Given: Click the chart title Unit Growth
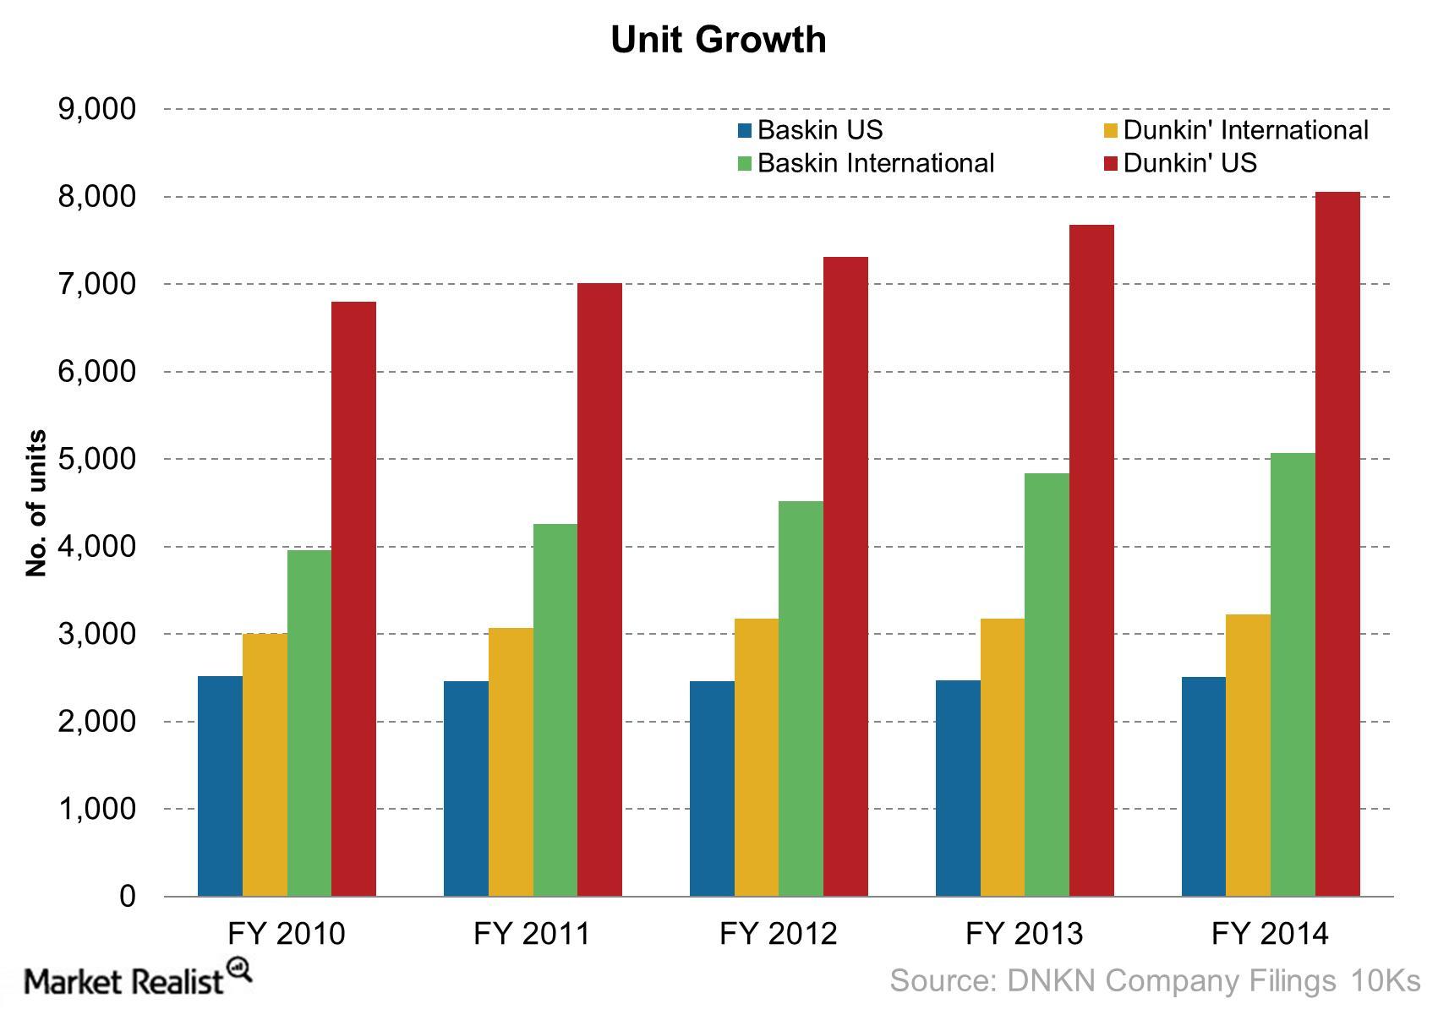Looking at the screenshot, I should coord(719,40).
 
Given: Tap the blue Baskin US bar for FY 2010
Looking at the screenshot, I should coord(220,786).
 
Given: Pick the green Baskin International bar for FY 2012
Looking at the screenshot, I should coord(801,698).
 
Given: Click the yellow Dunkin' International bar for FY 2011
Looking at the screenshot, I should coord(511,761).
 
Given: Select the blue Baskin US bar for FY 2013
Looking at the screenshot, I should coord(958,788).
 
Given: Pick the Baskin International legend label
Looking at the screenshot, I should coord(875,163).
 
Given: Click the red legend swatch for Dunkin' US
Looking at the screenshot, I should coord(1112,163).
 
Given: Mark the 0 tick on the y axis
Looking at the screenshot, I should coord(127,896).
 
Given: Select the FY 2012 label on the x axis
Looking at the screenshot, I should coord(778,934).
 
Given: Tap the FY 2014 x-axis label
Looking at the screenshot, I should coord(1270,934).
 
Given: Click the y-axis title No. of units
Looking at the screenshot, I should coord(36,504).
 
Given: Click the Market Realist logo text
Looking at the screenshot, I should coord(125,982).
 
